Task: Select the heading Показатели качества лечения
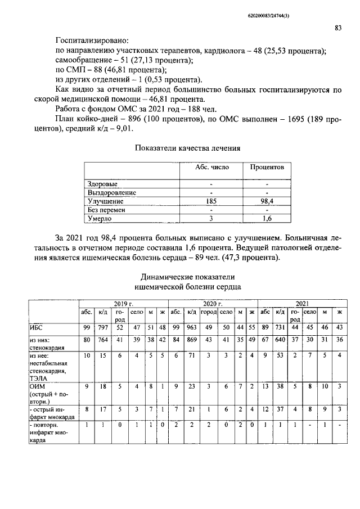tap(188, 148)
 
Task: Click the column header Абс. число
tap(210, 168)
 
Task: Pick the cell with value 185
tap(210, 201)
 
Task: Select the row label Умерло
tap(100, 218)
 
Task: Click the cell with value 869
tap(192, 340)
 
